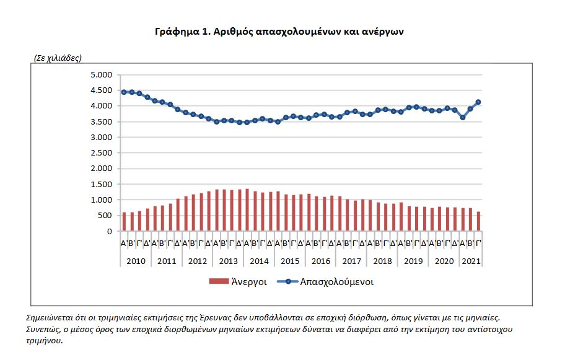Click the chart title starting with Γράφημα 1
tap(279, 30)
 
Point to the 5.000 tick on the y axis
tap(101, 75)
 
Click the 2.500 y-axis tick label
tap(101, 153)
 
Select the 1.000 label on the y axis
tap(101, 200)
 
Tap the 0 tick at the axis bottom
tap(109, 231)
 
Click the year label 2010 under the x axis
tap(135, 261)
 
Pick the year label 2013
tap(228, 261)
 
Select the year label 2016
tap(320, 261)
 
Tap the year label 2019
tap(413, 261)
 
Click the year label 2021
tap(470, 261)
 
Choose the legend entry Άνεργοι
tap(239, 282)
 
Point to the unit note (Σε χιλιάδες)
tap(58, 58)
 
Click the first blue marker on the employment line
tap(124, 92)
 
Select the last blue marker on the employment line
tap(478, 102)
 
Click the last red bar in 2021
tap(478, 221)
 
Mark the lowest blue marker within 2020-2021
tap(463, 117)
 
